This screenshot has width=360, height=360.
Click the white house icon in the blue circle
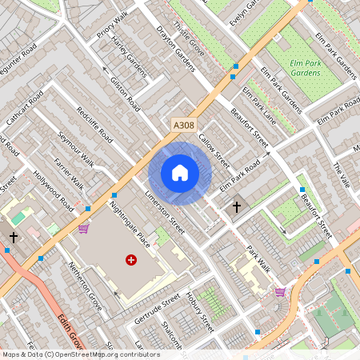tap(180, 173)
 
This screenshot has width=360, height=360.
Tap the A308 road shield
tap(183, 125)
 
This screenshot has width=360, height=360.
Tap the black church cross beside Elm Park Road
tap(236, 207)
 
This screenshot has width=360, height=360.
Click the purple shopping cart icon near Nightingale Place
tap(83, 229)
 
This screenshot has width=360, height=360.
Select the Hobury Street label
tap(202, 313)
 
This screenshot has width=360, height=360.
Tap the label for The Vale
tap(342, 175)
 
